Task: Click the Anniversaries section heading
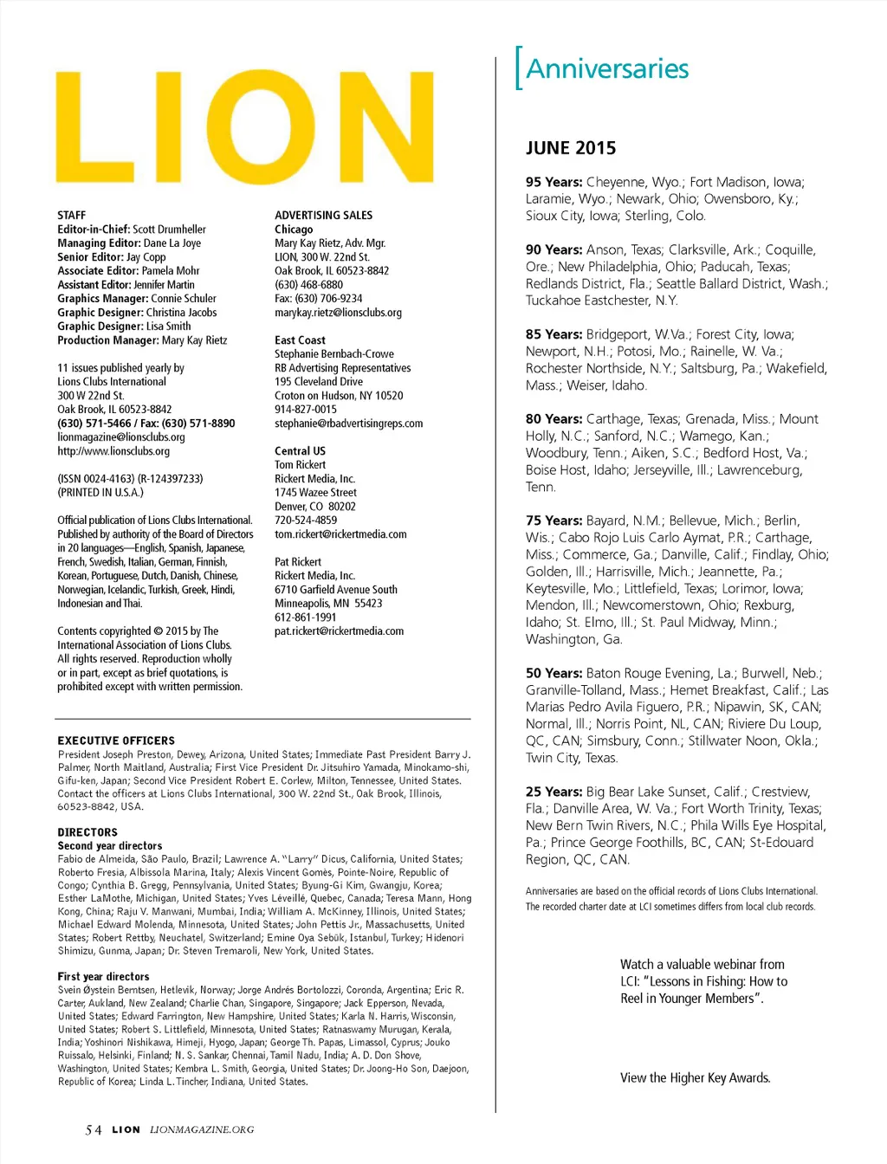(x=607, y=68)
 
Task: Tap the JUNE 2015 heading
(x=571, y=148)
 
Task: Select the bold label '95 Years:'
(x=554, y=182)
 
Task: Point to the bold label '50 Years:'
(x=554, y=673)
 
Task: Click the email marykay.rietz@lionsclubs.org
(x=338, y=313)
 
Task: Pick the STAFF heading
(x=72, y=215)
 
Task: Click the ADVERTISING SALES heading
(x=324, y=215)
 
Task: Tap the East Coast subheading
(x=300, y=340)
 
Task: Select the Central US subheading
(x=300, y=451)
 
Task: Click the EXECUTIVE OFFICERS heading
(x=116, y=740)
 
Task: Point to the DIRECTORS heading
(x=87, y=832)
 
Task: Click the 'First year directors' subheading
(x=104, y=976)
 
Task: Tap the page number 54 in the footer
(x=94, y=1129)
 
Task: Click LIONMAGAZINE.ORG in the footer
(x=202, y=1129)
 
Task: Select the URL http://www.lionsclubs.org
(x=113, y=451)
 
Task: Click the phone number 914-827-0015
(x=306, y=410)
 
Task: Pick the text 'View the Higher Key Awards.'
(x=695, y=1078)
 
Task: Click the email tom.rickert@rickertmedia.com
(x=340, y=534)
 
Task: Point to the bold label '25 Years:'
(x=554, y=792)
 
